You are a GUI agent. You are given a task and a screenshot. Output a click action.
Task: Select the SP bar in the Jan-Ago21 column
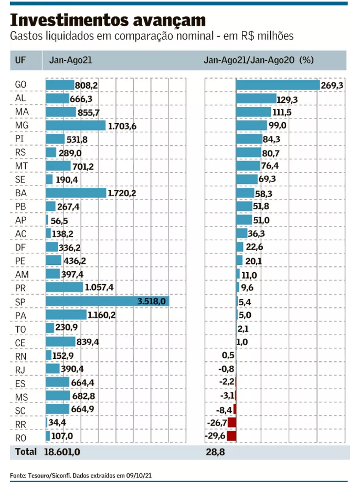tap(107, 301)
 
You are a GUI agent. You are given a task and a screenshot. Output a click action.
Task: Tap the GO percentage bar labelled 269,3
tap(278, 85)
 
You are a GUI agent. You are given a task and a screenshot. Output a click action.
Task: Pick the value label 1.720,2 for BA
tap(122, 194)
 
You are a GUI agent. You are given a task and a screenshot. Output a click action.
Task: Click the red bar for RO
tap(231, 436)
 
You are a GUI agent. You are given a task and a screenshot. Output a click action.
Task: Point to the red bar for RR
tap(232, 422)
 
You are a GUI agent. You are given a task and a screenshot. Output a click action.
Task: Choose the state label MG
tap(22, 125)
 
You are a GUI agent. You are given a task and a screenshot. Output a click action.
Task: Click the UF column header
tap(21, 60)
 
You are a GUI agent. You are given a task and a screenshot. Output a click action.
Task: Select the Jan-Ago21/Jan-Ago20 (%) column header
tap(258, 60)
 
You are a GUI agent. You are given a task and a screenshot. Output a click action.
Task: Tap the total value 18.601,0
tap(62, 452)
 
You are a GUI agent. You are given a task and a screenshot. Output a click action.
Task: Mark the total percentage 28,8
tap(215, 452)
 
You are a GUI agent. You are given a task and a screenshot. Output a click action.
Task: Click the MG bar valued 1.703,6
tap(76, 125)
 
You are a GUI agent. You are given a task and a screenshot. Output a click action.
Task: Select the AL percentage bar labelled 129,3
tap(256, 99)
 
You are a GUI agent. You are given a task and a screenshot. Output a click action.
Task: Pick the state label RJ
tap(22, 369)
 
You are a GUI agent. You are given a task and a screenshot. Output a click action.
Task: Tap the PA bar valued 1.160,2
tap(66, 315)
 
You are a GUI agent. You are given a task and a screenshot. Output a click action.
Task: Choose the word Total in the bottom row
tap(25, 452)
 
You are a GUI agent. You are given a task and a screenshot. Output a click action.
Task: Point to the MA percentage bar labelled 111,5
tap(253, 112)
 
